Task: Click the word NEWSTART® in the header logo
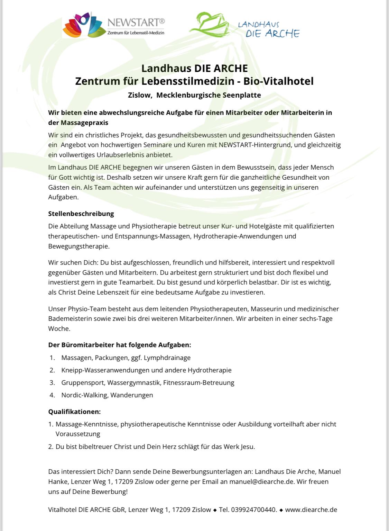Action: point(136,22)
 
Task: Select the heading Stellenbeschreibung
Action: point(81,214)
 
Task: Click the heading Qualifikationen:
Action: point(74,412)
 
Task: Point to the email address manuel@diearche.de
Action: point(261,481)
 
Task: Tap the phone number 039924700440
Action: point(253,510)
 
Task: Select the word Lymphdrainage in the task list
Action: point(167,358)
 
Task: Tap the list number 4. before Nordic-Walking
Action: point(52,395)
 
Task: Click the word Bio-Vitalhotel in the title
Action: point(278,81)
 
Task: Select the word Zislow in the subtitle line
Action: point(140,95)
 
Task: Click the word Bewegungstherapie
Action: point(79,246)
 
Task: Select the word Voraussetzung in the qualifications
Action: point(78,434)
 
